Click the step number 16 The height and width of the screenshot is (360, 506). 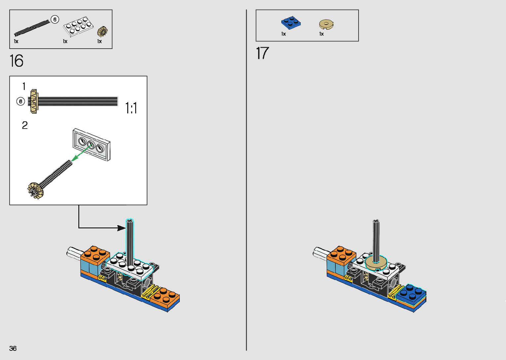17,61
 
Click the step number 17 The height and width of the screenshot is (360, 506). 262,53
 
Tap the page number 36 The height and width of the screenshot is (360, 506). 13,348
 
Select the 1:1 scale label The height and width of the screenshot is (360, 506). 131,108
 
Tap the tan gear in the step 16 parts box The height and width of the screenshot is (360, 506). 102,32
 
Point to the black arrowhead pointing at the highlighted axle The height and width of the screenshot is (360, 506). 121,228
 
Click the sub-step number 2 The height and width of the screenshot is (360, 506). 25,125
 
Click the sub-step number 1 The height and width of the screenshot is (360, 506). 24,87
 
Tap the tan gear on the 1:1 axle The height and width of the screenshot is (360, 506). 34,101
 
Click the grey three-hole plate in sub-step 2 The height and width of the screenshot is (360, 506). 91,144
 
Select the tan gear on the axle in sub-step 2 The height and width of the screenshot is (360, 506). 35,190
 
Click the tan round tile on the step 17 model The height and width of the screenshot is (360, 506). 376,262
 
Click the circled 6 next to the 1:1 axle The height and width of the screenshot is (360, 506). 21,101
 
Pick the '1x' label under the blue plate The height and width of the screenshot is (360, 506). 283,34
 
